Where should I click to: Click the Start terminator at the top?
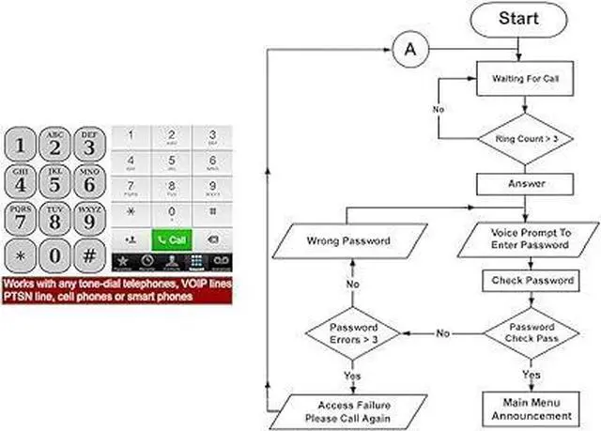(x=519, y=19)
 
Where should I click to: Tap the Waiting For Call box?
(x=526, y=79)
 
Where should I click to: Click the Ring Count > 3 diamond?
(x=525, y=139)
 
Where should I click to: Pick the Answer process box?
(x=526, y=183)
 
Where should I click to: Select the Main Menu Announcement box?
(x=530, y=409)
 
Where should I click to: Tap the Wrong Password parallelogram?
(x=347, y=240)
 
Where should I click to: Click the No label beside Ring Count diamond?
(x=439, y=110)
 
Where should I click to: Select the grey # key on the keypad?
(x=88, y=254)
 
